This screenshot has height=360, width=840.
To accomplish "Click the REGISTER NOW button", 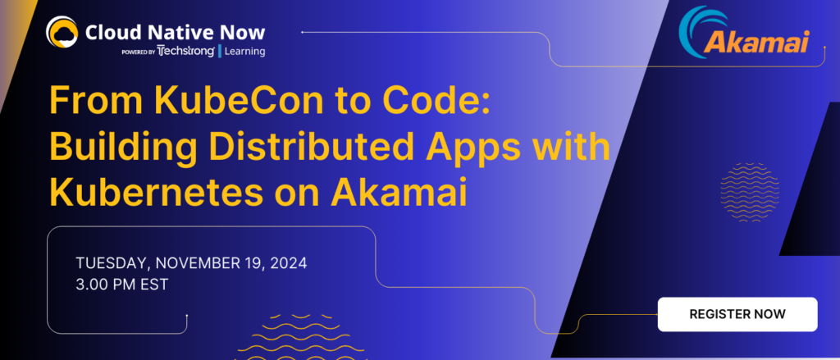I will click(737, 314).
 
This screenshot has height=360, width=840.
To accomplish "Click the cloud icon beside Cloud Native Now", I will click(62, 33).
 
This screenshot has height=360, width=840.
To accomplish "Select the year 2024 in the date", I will click(283, 264).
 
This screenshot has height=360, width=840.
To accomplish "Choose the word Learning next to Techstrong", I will click(244, 51).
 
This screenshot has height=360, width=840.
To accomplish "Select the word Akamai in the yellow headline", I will click(401, 192).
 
